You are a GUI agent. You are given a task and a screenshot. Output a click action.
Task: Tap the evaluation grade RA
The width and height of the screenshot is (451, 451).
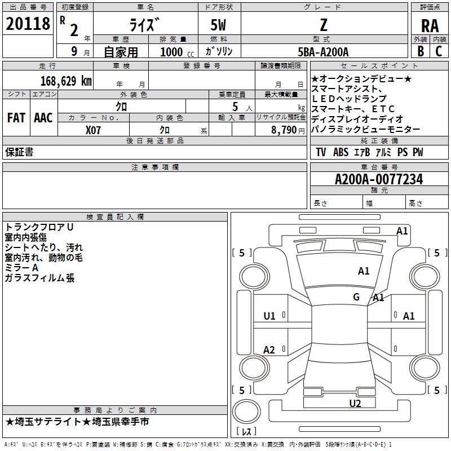pos(430,25)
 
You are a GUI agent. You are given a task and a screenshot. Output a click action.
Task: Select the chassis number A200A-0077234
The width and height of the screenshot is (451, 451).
pos(379,179)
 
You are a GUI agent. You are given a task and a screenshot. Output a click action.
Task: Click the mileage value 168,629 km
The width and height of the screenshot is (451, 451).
pos(65,80)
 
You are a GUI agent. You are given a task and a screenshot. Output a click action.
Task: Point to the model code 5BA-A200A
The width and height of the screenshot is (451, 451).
pos(323,52)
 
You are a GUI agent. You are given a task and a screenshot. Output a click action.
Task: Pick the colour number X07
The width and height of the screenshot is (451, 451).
pos(94,130)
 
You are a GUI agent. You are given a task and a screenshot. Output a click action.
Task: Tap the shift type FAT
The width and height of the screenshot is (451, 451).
pos(16,118)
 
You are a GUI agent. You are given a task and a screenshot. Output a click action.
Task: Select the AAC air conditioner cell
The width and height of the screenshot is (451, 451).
pos(43,118)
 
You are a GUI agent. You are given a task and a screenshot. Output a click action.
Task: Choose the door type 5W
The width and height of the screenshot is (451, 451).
pos(220,25)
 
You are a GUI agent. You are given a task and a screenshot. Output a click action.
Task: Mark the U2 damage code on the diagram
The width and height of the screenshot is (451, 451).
pos(355,403)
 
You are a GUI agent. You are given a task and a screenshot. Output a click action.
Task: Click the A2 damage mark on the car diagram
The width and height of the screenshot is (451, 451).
pos(269,350)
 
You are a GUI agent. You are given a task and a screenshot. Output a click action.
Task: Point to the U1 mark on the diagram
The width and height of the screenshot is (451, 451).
pos(269,316)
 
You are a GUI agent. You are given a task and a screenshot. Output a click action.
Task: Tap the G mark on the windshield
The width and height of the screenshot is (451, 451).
pos(356,297)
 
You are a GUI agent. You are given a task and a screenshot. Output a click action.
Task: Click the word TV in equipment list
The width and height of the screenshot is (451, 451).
pos(321,152)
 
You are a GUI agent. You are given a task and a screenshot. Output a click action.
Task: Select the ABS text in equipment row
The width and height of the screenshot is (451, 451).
pos(341,152)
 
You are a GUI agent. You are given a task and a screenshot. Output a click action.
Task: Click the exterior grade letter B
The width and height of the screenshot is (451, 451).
pos(421,51)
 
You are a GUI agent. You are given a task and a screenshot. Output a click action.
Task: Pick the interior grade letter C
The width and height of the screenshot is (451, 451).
pos(439,51)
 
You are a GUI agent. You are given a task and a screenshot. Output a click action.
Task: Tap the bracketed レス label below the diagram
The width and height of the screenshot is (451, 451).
pos(246,432)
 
